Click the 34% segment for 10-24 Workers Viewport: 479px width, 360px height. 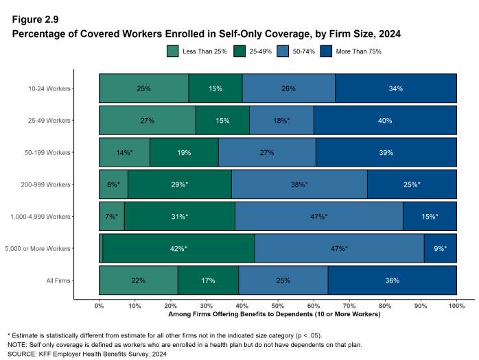[x=395, y=88]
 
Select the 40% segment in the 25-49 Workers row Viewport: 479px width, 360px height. [x=385, y=121]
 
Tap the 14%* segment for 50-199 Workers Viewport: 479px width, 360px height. [x=124, y=152]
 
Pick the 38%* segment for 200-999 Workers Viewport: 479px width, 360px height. [x=299, y=184]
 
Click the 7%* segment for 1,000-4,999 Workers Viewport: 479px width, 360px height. [x=112, y=216]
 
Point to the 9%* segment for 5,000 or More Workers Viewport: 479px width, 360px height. [x=440, y=248]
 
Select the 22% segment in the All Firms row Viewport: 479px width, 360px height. [x=139, y=280]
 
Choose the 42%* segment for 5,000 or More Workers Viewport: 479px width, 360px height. [x=178, y=248]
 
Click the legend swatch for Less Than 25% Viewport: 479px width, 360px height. [x=173, y=51]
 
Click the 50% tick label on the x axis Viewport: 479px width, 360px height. [x=278, y=306]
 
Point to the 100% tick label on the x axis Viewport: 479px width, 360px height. [x=456, y=306]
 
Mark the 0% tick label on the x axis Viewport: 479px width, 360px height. [x=99, y=306]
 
